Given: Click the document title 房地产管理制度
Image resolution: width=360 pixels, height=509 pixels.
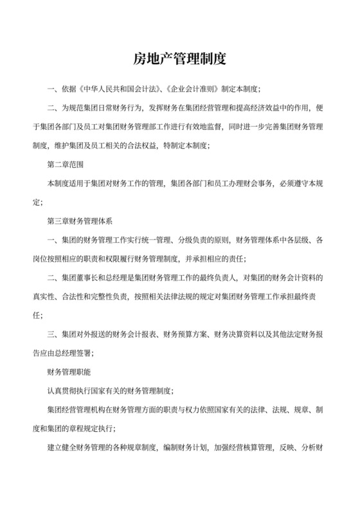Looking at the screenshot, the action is pyautogui.click(x=180, y=60).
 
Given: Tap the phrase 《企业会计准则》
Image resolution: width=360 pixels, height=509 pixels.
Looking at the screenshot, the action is pyautogui.click(x=186, y=90).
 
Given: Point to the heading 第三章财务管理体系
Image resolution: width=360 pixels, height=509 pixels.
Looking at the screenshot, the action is pyautogui.click(x=80, y=220).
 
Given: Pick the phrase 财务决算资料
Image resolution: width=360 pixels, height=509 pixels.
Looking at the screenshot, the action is pyautogui.click(x=238, y=333).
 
